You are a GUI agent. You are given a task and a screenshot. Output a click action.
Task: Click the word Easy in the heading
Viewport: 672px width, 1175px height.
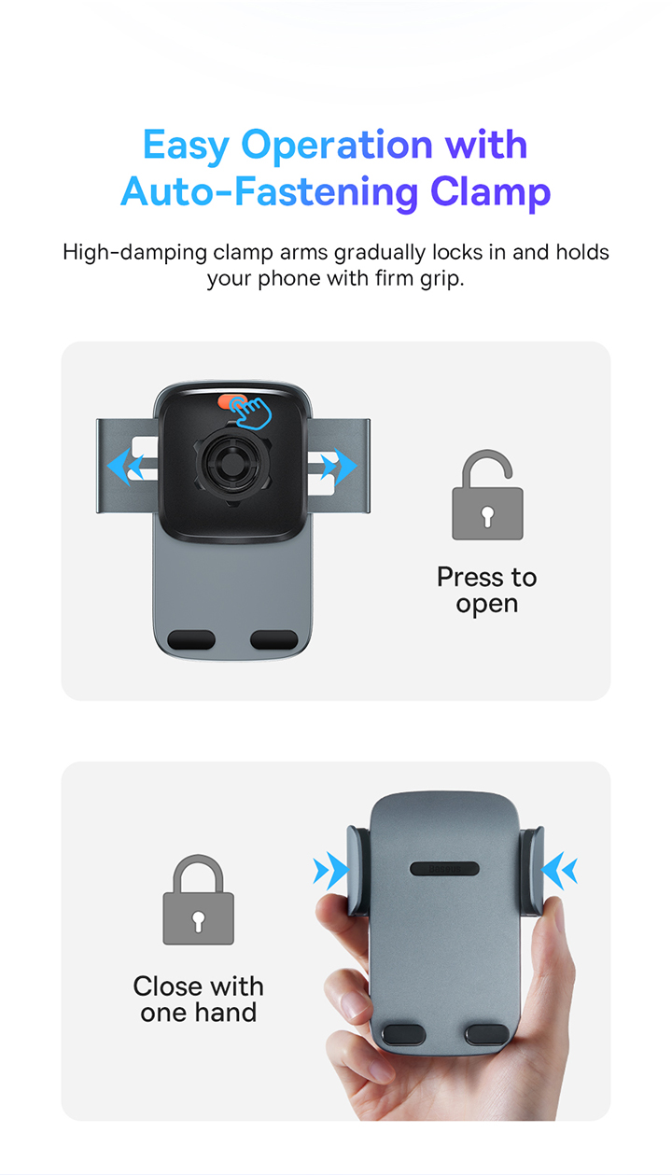[x=187, y=146]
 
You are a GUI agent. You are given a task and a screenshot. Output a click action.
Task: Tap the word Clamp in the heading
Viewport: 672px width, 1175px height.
[x=491, y=193]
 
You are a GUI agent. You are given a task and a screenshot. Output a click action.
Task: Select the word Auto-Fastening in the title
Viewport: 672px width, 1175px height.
[x=269, y=193]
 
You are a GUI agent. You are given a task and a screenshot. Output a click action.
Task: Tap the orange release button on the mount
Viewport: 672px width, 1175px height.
[x=231, y=401]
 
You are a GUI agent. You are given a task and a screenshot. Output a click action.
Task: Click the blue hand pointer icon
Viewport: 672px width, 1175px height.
[x=251, y=413]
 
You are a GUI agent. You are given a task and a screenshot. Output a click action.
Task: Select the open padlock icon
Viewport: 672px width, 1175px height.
[x=487, y=495]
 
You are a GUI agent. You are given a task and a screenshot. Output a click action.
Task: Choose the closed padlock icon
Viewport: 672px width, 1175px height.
[x=198, y=900]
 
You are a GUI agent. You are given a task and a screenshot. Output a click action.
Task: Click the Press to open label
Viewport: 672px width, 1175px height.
[x=487, y=590]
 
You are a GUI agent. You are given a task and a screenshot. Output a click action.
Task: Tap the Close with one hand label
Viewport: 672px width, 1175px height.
[x=198, y=999]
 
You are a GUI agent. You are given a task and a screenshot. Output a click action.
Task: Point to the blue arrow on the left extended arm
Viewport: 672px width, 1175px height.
[x=125, y=466]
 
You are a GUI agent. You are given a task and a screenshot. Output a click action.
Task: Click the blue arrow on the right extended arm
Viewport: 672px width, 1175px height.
[x=340, y=466]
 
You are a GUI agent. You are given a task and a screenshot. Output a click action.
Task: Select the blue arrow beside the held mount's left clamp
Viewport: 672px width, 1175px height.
[x=331, y=871]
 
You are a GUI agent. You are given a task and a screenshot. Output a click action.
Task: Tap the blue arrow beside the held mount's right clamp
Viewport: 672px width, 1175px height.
[x=559, y=871]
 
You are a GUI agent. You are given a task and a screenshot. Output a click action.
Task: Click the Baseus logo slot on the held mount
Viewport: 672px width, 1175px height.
[x=444, y=869]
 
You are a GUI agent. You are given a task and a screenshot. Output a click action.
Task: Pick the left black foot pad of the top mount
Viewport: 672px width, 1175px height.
[x=191, y=640]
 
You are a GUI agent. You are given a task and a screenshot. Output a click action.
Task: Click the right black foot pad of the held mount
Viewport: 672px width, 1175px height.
[x=487, y=1034]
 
